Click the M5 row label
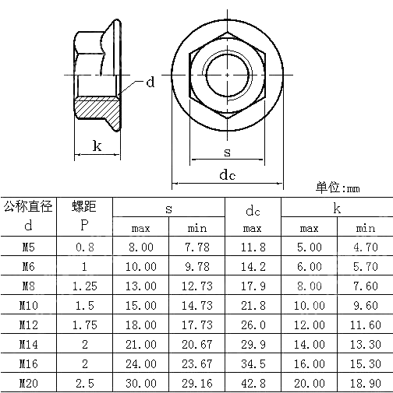coord(28,247)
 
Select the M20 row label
coord(28,383)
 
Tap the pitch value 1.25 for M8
coord(84,286)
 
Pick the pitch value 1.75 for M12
coord(84,325)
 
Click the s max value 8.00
coord(141,247)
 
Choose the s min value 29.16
coord(196,383)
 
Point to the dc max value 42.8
coord(253,383)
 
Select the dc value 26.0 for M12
coord(253,325)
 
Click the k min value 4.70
coord(365,247)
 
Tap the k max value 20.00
coord(309,383)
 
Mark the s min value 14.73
coord(196,305)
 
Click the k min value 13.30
coord(365,344)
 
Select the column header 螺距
coord(84,207)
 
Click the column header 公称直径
coord(28,207)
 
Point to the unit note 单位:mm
coord(338,188)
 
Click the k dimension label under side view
coord(97,146)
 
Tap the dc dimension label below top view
coord(227,175)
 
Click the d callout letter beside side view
coord(150,82)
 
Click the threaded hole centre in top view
coord(227,74)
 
